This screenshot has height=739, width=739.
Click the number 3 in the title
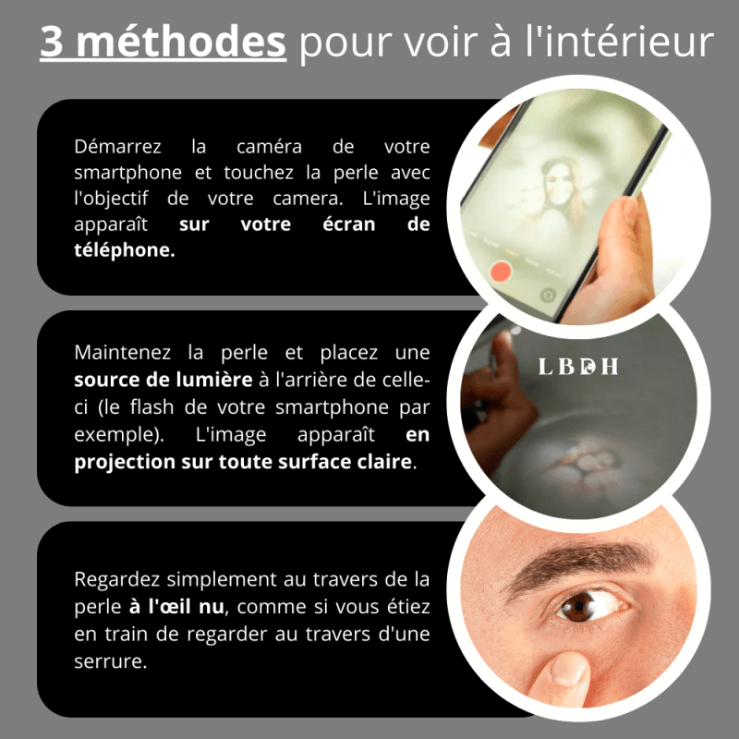coord(52,42)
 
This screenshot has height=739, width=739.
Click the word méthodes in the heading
coord(181,41)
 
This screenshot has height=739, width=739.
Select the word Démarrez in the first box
coord(117,147)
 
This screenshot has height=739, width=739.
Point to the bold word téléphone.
coord(125,249)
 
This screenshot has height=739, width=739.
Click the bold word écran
coord(349,224)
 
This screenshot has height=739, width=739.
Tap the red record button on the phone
coord(501,273)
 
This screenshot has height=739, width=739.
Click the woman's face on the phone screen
coord(559,180)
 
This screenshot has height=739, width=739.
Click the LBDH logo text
coord(578,366)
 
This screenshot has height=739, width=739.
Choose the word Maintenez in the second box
coord(123,352)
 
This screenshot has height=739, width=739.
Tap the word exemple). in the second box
coord(119,434)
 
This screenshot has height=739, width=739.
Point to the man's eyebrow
coord(579,563)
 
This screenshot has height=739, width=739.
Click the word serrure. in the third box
coord(111,661)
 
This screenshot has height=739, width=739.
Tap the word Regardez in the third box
coord(117,580)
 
